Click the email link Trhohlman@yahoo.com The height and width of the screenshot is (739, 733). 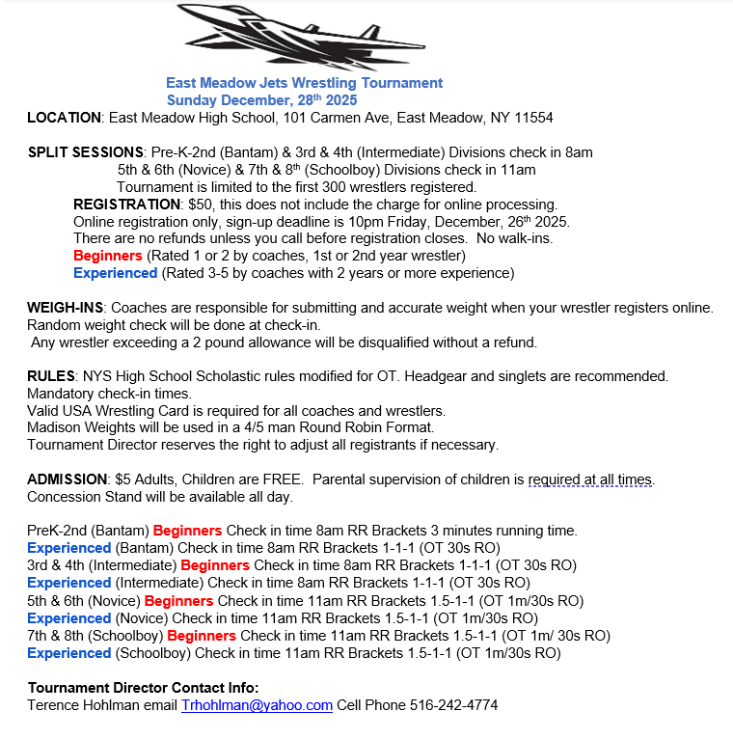tap(257, 705)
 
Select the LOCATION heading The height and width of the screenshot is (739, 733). tap(64, 118)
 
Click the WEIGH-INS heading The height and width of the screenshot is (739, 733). tap(67, 307)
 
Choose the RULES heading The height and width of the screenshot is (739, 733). tap(51, 376)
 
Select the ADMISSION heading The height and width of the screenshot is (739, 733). tap(67, 479)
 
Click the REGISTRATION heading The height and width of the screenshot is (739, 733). tap(126, 205)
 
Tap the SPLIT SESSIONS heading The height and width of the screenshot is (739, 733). tap(86, 152)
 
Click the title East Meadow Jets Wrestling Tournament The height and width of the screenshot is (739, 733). tap(304, 83)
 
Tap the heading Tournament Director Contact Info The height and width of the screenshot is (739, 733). tap(143, 688)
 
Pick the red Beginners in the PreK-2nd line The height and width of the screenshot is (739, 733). tap(187, 531)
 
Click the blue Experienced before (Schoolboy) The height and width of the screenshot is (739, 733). tap(68, 653)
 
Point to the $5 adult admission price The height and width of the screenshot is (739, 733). tap(149, 479)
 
